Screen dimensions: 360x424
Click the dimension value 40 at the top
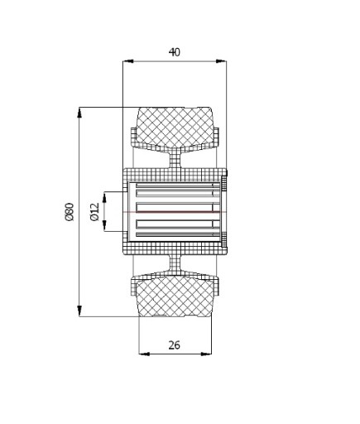(x=175, y=52)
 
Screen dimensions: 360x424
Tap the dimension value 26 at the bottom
(x=175, y=345)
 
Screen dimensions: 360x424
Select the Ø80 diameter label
(x=70, y=212)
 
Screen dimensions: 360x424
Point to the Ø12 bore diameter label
(x=94, y=212)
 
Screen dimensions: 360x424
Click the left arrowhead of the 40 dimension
(x=128, y=61)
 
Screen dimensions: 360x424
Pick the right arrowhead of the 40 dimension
(x=221, y=61)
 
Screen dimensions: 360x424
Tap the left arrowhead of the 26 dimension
(x=144, y=354)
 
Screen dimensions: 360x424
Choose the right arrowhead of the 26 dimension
(x=206, y=354)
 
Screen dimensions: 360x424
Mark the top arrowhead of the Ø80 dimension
(x=79, y=113)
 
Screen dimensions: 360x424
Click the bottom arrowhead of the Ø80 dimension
(x=79, y=311)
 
